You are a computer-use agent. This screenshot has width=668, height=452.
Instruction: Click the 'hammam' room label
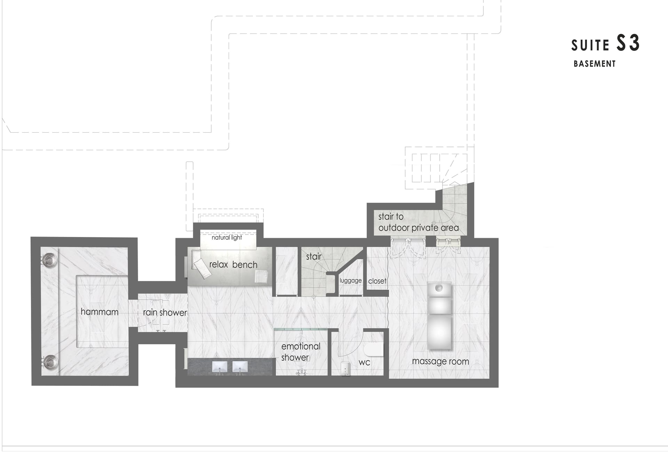pos(100,312)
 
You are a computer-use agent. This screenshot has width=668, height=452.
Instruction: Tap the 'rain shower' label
pos(165,312)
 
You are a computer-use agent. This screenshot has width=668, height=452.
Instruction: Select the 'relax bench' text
pos(233,264)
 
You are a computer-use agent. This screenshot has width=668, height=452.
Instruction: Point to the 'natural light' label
pos(227,237)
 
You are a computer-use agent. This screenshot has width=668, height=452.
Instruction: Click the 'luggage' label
pos(351,281)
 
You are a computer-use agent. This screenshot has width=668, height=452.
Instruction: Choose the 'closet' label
pos(377,281)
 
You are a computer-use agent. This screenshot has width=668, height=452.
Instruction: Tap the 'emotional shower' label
pos(301,352)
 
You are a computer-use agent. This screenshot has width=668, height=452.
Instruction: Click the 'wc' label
pos(364,363)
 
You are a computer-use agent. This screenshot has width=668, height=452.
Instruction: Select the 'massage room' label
pos(440,362)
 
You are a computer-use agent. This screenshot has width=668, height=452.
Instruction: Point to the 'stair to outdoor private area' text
pos(419,222)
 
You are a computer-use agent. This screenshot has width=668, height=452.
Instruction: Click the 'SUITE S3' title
pos(605,43)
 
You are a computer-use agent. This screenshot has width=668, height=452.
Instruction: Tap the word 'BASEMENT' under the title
pos(595,64)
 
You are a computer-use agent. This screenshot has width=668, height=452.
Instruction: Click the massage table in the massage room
pos(439,316)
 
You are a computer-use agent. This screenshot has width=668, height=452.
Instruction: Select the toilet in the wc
pos(374,351)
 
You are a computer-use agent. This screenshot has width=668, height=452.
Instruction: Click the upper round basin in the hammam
pos(50,260)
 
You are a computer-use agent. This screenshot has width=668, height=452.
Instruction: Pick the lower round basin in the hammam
pos(50,362)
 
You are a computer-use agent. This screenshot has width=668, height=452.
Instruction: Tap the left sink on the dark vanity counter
pos(220,366)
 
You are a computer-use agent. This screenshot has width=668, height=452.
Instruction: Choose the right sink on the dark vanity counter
pos(240,366)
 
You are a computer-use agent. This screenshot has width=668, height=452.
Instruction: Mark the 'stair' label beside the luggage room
pos(314,256)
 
